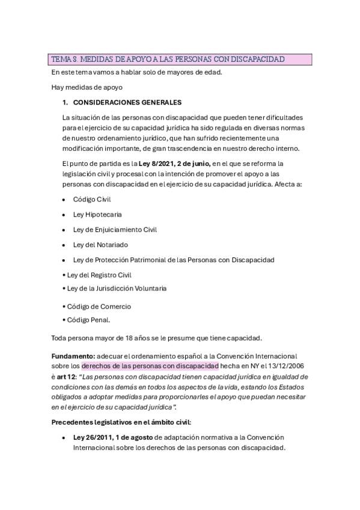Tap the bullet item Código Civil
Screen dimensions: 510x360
92,198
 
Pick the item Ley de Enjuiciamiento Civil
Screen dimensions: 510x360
114,229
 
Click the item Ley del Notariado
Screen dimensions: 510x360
100,245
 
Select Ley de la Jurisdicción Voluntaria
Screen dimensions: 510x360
117,288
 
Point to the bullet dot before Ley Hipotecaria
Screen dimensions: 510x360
64,214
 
